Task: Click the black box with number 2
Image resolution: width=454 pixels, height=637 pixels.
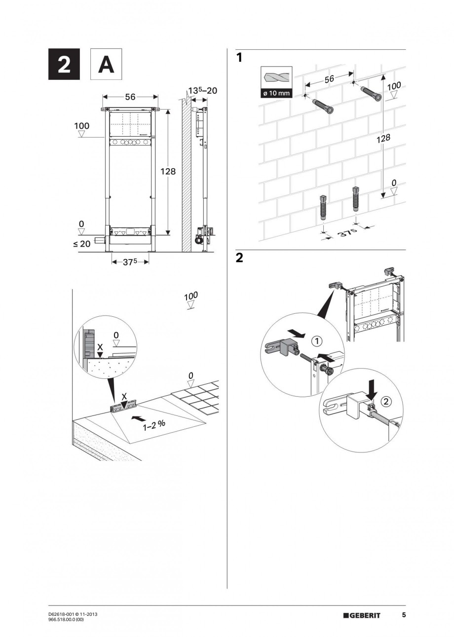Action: point(64,65)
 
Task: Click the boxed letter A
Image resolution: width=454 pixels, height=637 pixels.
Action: point(106,65)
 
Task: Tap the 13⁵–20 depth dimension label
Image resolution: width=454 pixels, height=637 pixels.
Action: point(202,91)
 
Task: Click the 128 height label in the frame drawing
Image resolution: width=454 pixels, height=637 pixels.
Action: point(168,171)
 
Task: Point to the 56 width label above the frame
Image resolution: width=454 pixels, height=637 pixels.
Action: point(130,97)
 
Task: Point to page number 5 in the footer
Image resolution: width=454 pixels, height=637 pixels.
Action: point(404,615)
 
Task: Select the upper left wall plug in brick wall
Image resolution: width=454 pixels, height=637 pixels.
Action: point(323,106)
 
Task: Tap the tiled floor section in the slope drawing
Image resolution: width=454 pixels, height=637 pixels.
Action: point(197,395)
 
